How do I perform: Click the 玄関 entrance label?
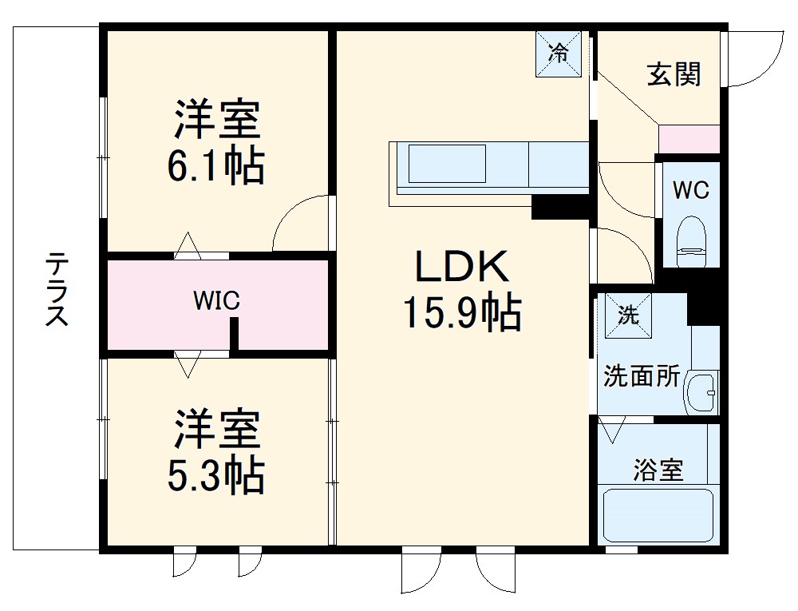click(674, 74)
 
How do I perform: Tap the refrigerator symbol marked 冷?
click(559, 54)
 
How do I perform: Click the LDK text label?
click(462, 267)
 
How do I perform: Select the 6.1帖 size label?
click(215, 166)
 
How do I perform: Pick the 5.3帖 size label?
click(215, 474)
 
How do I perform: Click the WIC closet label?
click(216, 301)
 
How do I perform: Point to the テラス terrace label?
click(56, 290)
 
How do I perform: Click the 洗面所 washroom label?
click(641, 375)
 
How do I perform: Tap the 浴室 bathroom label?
click(658, 470)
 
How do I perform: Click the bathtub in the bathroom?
click(658, 514)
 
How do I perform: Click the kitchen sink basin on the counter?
click(447, 163)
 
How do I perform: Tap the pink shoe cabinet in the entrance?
click(689, 139)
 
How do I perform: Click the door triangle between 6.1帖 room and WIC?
click(188, 244)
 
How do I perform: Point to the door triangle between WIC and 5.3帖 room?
click(188, 364)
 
